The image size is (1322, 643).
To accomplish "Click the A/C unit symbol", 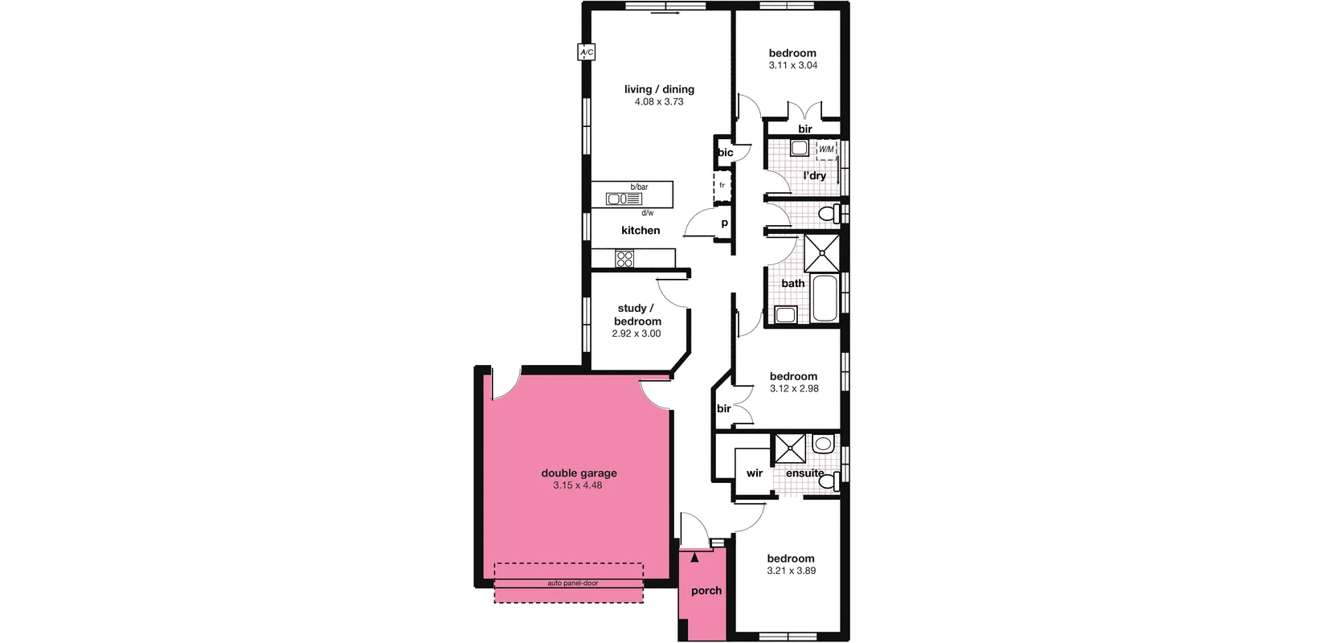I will (586, 53).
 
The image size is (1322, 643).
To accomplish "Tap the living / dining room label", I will (659, 89).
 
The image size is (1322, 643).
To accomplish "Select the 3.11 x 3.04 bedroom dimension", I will (792, 66).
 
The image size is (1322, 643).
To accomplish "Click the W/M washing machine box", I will (826, 150).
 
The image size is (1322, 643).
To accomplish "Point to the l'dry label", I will (814, 175).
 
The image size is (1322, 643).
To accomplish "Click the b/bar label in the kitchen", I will (639, 187).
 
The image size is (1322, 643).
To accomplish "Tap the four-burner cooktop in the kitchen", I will (624, 259).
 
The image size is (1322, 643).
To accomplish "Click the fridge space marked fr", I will (722, 186).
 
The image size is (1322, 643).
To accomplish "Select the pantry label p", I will (724, 223).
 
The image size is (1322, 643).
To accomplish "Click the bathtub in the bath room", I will (824, 298).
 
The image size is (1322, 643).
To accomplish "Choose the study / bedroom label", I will (637, 314).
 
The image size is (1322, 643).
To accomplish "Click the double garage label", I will (579, 473).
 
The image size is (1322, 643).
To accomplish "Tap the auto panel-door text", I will (572, 584).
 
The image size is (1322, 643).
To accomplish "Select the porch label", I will (706, 591).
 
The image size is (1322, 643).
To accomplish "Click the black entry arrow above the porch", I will (695, 555).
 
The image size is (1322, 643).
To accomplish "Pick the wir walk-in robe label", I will (755, 473).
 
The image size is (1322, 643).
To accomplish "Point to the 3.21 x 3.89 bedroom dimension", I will (791, 571).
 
